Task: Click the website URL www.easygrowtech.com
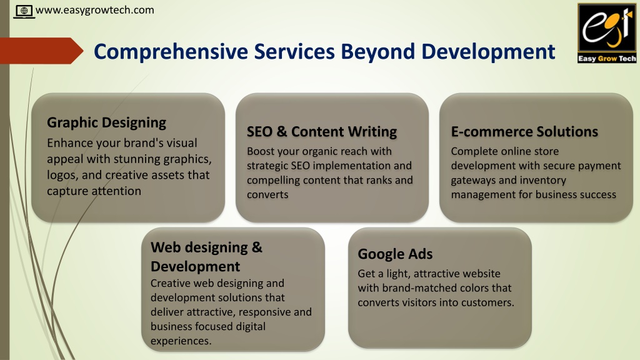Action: [x=95, y=10]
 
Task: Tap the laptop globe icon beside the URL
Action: [x=24, y=11]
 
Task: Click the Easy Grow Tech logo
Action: [x=607, y=33]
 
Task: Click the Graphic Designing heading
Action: [x=106, y=122]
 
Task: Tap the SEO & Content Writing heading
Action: [x=322, y=131]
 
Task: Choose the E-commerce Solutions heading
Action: [x=524, y=131]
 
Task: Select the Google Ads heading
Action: [x=395, y=254]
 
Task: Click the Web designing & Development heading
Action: [x=206, y=257]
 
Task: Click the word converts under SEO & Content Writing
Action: [x=267, y=195]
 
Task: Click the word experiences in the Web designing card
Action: [x=181, y=341]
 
